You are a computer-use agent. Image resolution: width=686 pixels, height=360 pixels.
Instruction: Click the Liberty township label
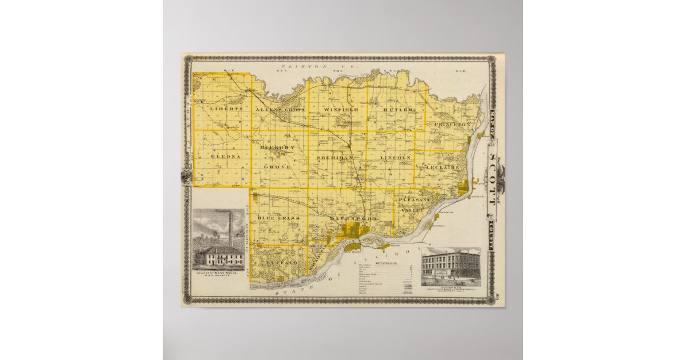(226, 109)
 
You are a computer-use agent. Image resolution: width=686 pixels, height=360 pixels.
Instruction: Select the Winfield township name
(341, 109)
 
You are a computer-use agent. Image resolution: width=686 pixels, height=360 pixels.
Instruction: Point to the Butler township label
(398, 109)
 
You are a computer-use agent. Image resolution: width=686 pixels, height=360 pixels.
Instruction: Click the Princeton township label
(452, 124)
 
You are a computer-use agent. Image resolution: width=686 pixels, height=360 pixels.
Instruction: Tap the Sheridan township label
(335, 156)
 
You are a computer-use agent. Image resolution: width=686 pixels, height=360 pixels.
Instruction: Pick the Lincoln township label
(396, 157)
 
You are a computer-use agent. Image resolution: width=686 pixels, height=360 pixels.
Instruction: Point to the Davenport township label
(354, 219)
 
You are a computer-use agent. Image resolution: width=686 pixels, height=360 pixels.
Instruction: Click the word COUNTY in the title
(493, 236)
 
